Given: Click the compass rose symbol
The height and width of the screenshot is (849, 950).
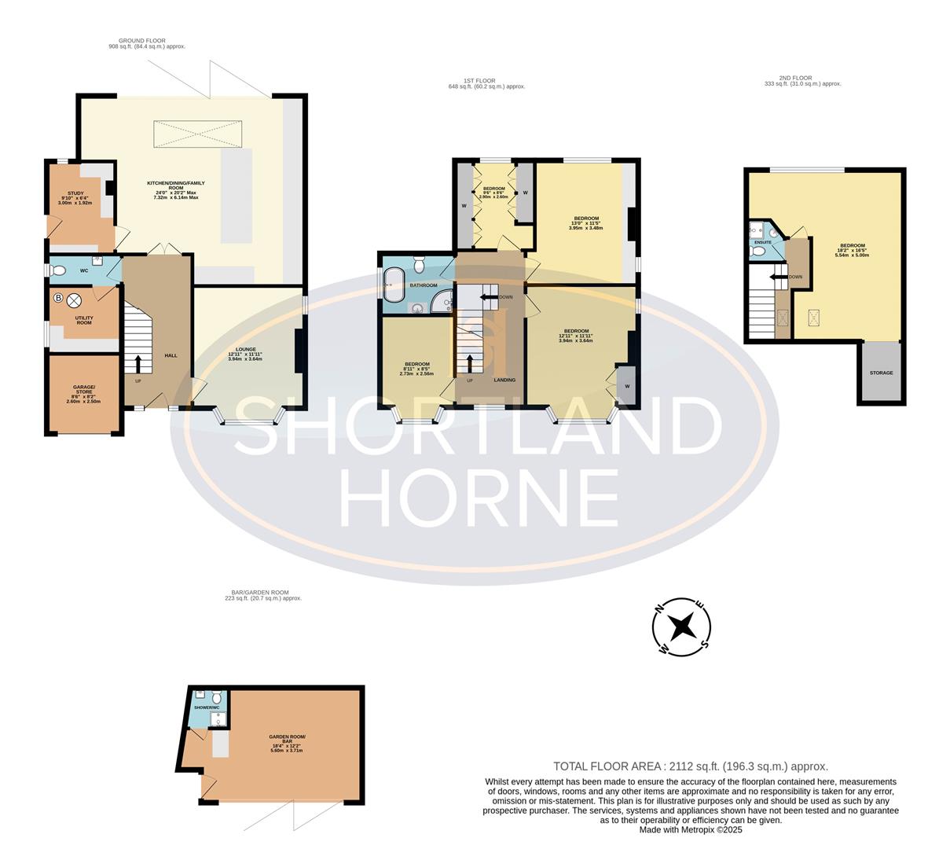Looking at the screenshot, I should pyautogui.click(x=682, y=627).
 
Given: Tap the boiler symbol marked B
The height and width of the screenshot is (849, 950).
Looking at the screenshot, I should pyautogui.click(x=58, y=299).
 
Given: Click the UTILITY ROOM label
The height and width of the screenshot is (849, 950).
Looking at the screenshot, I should pyautogui.click(x=83, y=320).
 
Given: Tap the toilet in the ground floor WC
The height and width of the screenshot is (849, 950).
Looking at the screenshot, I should pyautogui.click(x=57, y=270).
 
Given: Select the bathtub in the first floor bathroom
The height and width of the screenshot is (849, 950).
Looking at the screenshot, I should pyautogui.click(x=392, y=285).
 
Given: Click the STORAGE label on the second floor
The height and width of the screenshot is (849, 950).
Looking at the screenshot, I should pyautogui.click(x=881, y=373).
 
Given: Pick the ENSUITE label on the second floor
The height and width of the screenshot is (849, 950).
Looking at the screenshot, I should pyautogui.click(x=762, y=242).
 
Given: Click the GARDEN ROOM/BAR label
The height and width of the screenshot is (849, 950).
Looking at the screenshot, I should pyautogui.click(x=287, y=739).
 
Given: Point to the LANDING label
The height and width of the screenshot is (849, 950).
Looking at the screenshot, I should pyautogui.click(x=504, y=380).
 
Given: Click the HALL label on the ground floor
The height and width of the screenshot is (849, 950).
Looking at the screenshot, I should pyautogui.click(x=171, y=355).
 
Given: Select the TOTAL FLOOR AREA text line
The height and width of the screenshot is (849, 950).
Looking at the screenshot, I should pyautogui.click(x=690, y=766).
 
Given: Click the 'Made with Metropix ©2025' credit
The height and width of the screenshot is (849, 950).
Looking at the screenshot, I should pyautogui.click(x=690, y=829).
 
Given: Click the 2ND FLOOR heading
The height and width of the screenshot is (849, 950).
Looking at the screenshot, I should pyautogui.click(x=794, y=78).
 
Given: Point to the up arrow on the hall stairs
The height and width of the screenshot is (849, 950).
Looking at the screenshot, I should pyautogui.click(x=139, y=362).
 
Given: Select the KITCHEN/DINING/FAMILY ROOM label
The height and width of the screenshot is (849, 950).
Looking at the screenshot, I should pyautogui.click(x=176, y=186).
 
